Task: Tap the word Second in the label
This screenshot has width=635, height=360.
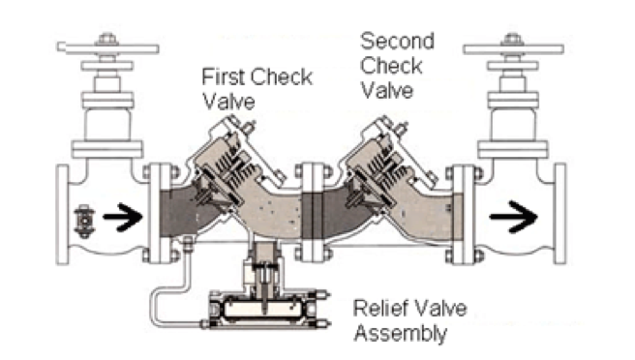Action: pyautogui.click(x=397, y=41)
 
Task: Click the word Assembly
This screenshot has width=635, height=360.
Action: pyautogui.click(x=401, y=334)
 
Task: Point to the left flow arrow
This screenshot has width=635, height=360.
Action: pyautogui.click(x=123, y=217)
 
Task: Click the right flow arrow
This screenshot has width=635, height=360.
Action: pyautogui.click(x=513, y=217)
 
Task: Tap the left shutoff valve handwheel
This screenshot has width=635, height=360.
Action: pyautogui.click(x=107, y=48)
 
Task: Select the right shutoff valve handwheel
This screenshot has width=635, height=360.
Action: pyautogui.click(x=513, y=49)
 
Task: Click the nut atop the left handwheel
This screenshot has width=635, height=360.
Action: pyautogui.click(x=106, y=38)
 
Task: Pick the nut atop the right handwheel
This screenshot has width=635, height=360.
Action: pyautogui.click(x=513, y=39)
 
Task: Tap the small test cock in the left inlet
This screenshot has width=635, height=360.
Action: pyautogui.click(x=84, y=221)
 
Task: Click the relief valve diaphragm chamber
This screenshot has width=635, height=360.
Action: pyautogui.click(x=262, y=309)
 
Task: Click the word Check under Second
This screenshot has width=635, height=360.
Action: pyautogui.click(x=391, y=66)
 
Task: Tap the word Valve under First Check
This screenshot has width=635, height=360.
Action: pyautogui.click(x=228, y=102)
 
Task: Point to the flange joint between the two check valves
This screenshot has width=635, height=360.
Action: pyautogui.click(x=313, y=212)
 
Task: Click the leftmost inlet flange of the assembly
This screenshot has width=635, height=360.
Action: pyautogui.click(x=62, y=214)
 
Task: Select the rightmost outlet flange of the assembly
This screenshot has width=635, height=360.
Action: pyautogui.click(x=560, y=214)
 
